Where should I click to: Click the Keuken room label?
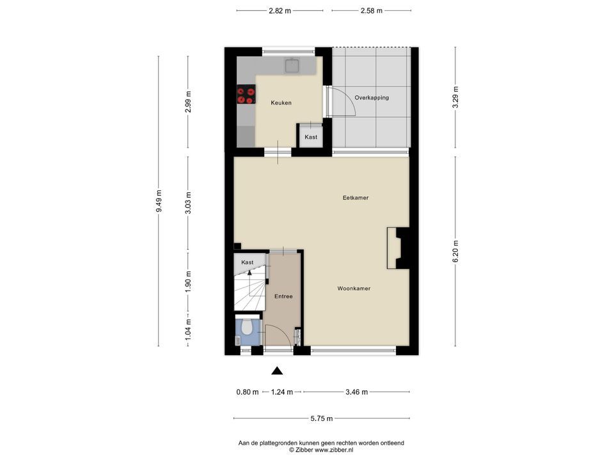(281, 103)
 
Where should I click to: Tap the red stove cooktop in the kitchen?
(246, 95)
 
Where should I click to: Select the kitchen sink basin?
(292, 66)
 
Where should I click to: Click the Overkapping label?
(372, 98)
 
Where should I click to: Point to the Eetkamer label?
(356, 198)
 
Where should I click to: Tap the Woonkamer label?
(354, 289)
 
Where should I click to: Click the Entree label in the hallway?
(283, 296)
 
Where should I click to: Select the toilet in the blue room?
(246, 328)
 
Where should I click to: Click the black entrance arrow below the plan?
(277, 371)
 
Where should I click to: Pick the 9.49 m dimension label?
(159, 201)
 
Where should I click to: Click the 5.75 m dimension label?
(322, 418)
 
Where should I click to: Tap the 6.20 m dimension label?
(455, 252)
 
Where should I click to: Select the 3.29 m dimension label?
(455, 97)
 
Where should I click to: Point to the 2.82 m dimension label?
(280, 11)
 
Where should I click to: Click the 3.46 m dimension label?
(357, 392)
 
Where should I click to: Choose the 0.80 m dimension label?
(248, 392)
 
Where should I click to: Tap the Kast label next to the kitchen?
(311, 137)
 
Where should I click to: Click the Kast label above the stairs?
(247, 263)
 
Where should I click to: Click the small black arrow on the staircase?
(249, 273)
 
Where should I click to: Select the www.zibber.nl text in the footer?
(334, 450)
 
